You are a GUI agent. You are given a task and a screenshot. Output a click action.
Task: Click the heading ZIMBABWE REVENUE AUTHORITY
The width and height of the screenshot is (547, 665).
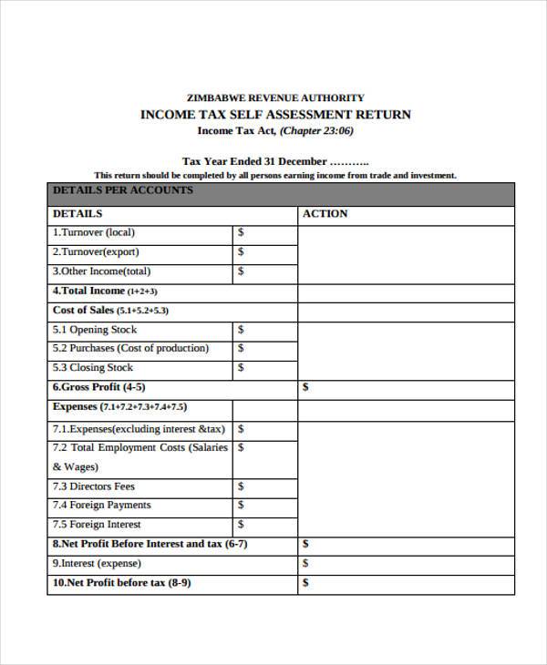tap(274, 97)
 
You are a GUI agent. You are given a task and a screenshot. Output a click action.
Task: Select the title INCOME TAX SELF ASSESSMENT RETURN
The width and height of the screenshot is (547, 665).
tap(275, 115)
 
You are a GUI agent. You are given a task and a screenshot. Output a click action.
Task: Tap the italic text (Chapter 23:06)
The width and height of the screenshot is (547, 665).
tap(315, 131)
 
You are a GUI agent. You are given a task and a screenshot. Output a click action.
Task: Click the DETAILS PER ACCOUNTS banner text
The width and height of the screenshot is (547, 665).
tap(123, 190)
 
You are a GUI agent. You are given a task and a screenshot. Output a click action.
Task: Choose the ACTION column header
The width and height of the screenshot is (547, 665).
tap(325, 214)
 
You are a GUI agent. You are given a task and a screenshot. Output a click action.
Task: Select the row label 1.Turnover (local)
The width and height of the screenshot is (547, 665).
tap(94, 232)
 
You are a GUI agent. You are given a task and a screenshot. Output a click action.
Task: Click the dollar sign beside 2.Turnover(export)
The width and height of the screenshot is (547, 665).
tap(241, 252)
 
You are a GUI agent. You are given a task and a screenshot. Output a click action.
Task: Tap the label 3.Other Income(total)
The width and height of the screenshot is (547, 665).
tap(101, 271)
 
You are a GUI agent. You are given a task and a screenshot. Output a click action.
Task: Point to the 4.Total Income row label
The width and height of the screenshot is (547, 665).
tap(105, 292)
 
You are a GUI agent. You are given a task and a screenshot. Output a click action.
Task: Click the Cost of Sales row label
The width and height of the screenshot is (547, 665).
tap(110, 311)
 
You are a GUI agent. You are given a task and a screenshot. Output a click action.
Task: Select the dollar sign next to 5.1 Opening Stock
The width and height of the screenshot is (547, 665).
tap(241, 330)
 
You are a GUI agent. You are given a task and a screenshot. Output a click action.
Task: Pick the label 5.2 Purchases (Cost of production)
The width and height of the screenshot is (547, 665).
tap(130, 349)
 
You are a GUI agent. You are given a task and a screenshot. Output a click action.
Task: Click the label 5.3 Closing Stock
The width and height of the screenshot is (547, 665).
tap(93, 368)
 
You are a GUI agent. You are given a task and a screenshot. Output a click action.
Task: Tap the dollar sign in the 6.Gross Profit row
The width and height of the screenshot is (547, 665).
tap(305, 387)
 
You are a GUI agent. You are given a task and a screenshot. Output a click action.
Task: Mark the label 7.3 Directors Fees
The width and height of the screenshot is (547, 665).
tap(94, 486)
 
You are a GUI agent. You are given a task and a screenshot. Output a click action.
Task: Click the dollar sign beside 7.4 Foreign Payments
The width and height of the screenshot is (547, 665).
tap(241, 506)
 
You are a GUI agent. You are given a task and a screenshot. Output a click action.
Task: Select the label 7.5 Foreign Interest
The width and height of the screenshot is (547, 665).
tap(97, 525)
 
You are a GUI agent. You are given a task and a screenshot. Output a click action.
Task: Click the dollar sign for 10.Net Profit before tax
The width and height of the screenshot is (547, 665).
tap(305, 583)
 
